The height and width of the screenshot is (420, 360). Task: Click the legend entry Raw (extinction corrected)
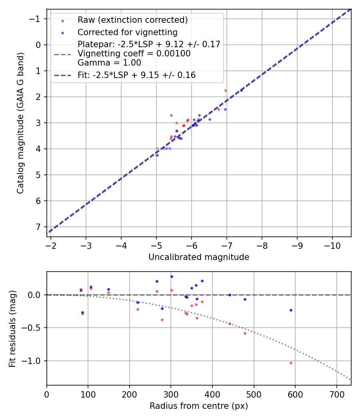[x=132, y=20]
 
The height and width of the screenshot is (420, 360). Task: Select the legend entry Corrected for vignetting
[x=128, y=32]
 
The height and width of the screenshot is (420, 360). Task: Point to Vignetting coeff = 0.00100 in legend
[x=134, y=54]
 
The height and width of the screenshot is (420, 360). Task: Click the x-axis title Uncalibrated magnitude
[x=199, y=257]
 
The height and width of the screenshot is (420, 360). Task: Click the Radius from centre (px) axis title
[x=199, y=406]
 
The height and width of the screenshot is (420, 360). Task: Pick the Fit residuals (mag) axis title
[x=12, y=328]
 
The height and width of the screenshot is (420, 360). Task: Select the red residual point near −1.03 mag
[x=291, y=363]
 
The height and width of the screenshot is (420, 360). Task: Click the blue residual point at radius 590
[x=291, y=310]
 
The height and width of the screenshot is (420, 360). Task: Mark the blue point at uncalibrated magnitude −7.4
[x=241, y=90]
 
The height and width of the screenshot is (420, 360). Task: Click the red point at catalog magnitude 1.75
[x=226, y=90]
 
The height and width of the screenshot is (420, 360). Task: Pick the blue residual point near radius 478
[x=245, y=299]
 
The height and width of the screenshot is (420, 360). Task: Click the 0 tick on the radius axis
[x=47, y=394]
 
